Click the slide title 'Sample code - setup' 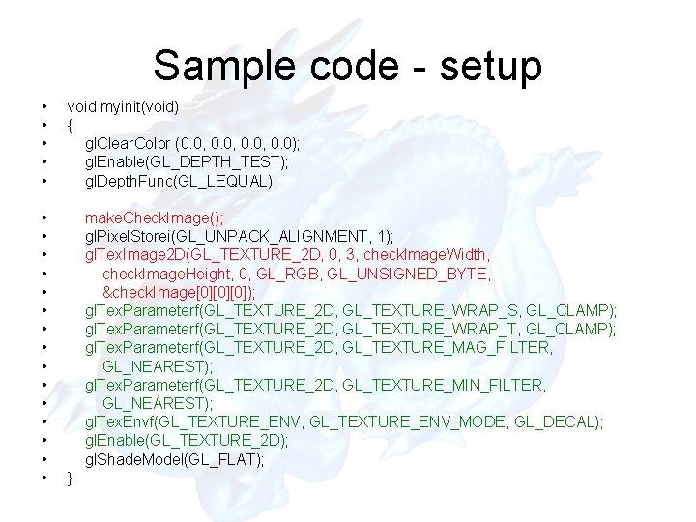347,66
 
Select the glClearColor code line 192,143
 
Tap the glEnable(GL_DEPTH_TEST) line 186,162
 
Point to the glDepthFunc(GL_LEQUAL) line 181,181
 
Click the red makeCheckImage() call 154,218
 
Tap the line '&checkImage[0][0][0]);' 179,293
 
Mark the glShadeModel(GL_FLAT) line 174,460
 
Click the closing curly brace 70,478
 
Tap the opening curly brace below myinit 70,125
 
